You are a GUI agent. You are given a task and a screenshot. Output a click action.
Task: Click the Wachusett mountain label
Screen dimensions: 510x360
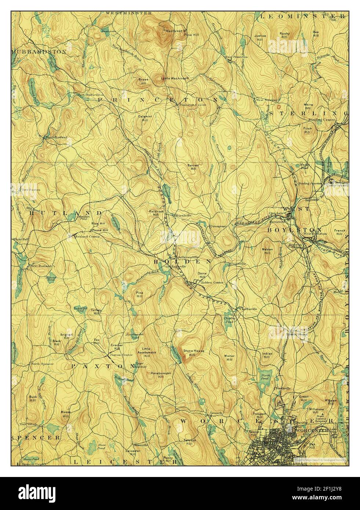174,31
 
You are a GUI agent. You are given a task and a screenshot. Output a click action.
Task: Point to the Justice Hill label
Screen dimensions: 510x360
260,37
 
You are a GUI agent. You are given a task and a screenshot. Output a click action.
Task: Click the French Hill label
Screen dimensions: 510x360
339,232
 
